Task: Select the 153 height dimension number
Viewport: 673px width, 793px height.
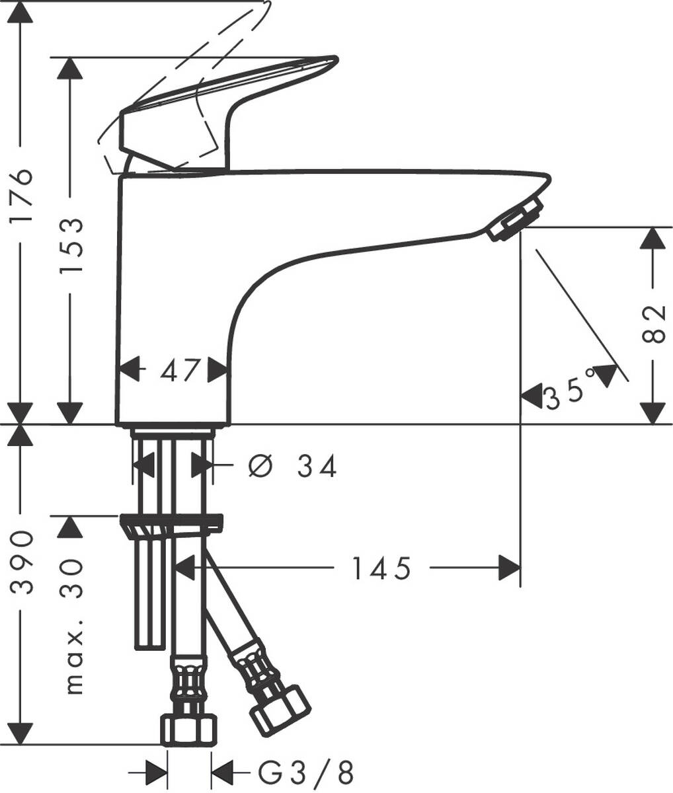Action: (x=71, y=248)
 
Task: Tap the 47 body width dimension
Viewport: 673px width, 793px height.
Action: (x=179, y=371)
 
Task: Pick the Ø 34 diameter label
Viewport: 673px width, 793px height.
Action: (x=293, y=467)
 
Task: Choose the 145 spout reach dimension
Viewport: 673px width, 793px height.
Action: (x=381, y=568)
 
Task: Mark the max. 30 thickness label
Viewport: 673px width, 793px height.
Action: (x=73, y=624)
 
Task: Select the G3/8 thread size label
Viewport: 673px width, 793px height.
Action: (x=305, y=771)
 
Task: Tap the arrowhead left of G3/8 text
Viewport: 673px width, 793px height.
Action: (x=223, y=771)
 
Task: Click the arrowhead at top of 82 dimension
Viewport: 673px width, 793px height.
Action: (x=653, y=238)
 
